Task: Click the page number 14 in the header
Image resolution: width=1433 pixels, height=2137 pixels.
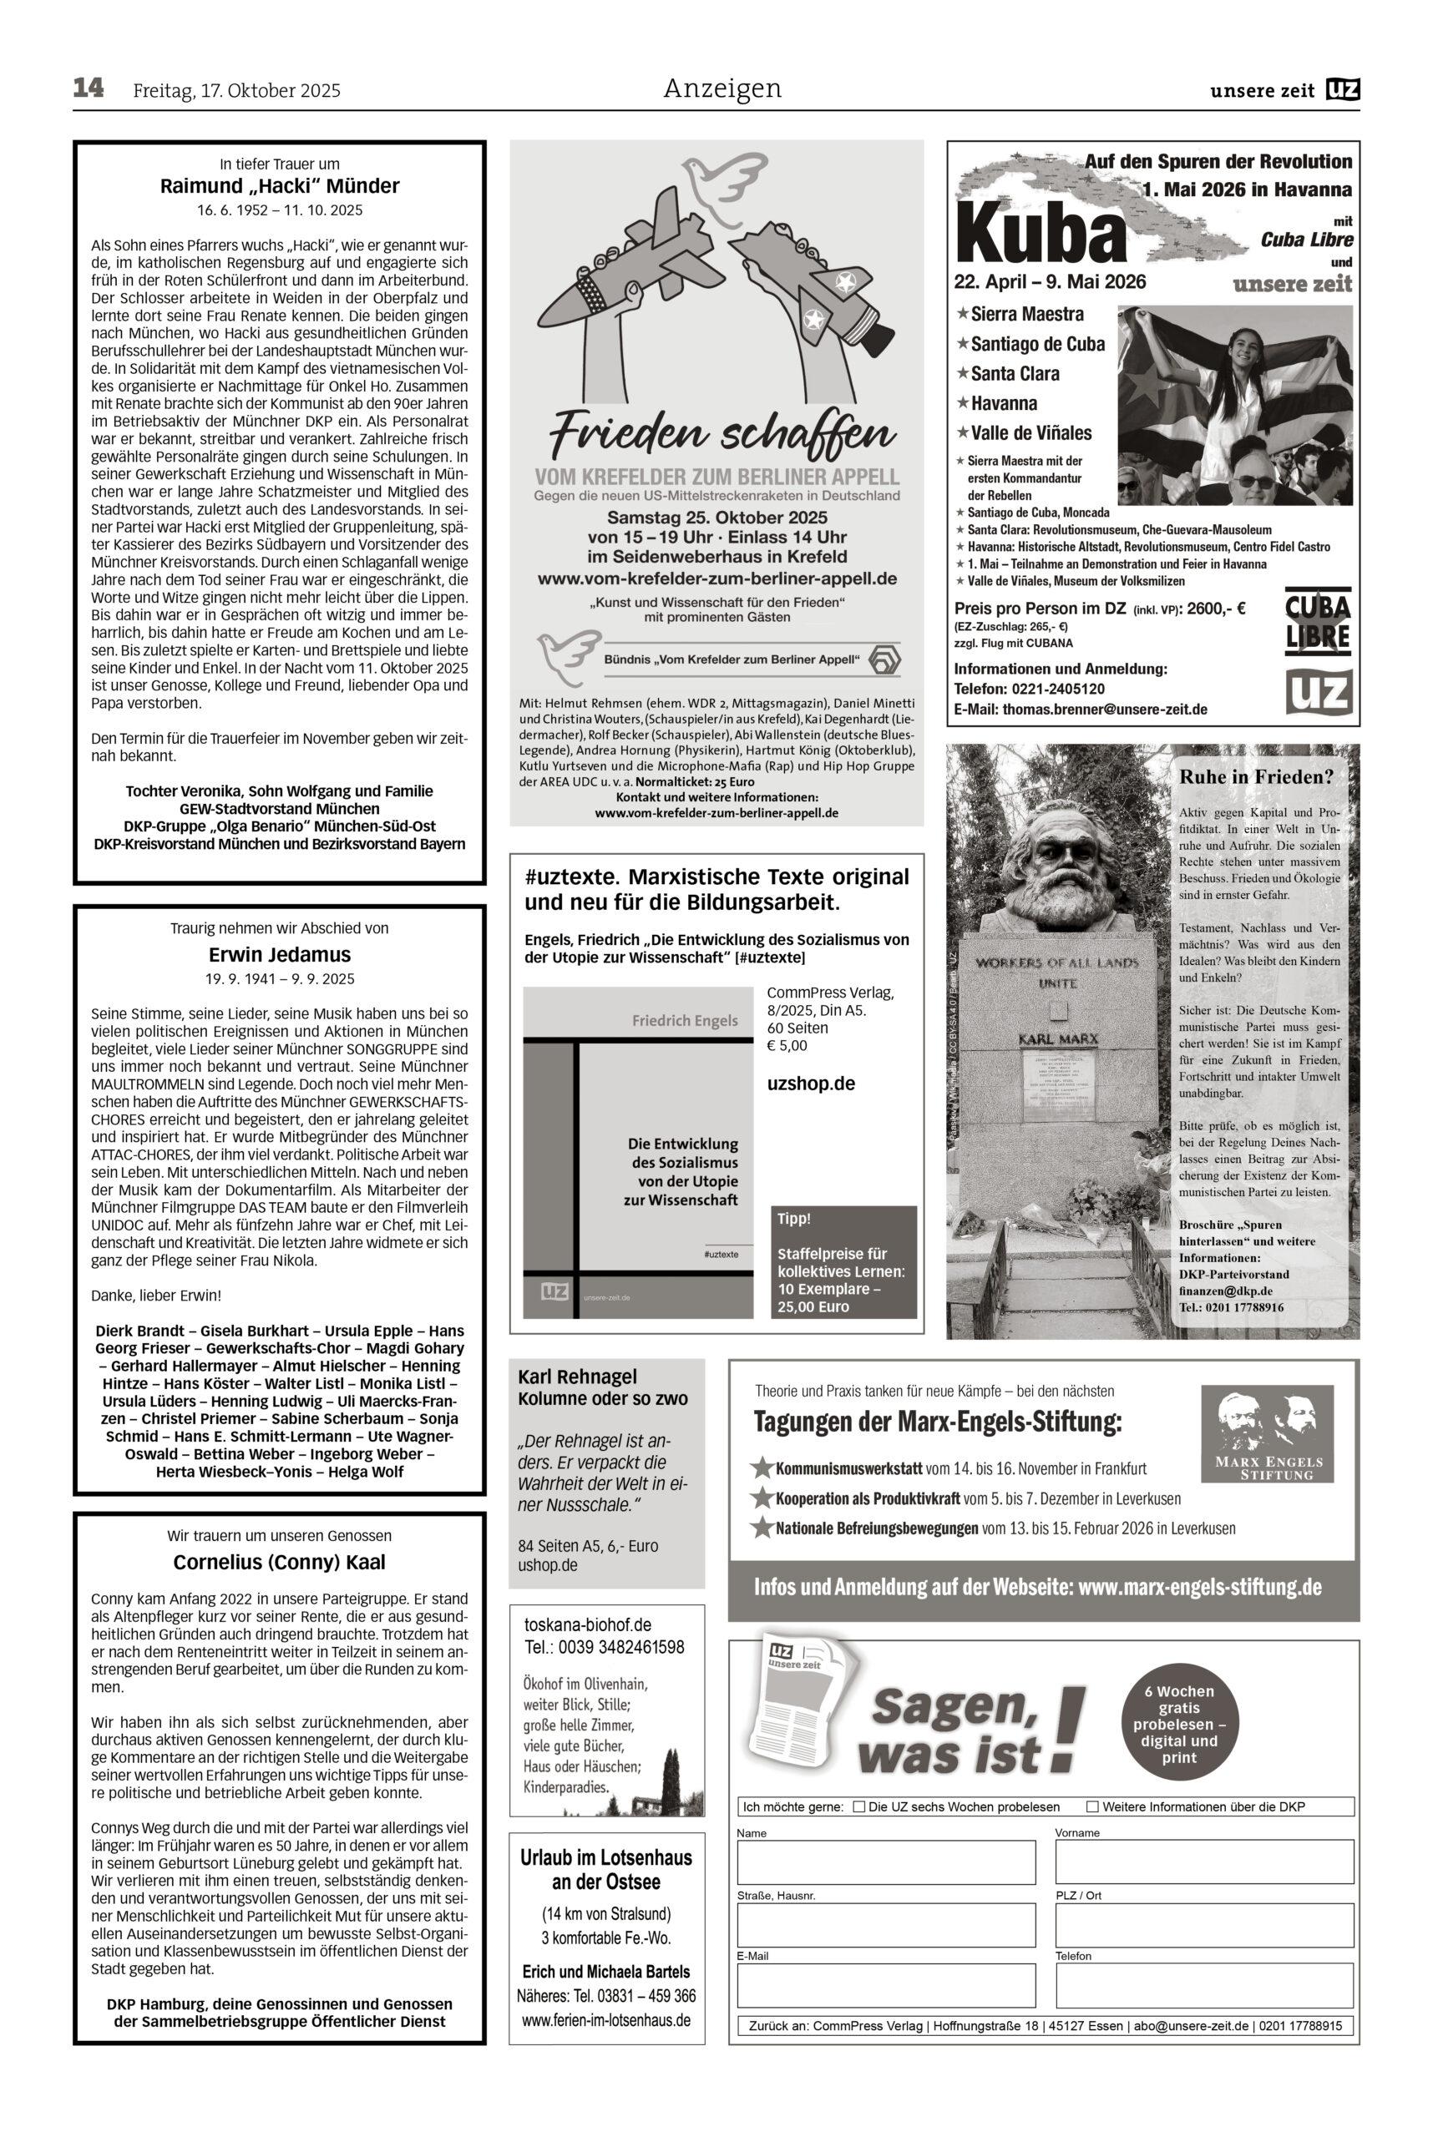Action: tap(89, 88)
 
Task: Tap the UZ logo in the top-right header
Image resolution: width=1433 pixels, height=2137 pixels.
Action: tap(1343, 89)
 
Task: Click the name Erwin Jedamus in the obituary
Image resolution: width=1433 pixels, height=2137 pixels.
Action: tap(280, 955)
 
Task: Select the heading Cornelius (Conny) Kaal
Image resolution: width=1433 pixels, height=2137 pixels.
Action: tap(280, 1563)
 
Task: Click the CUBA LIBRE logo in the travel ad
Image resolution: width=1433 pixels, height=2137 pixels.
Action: tap(1317, 622)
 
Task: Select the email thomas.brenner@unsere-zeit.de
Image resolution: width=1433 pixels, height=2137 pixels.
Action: tap(1104, 709)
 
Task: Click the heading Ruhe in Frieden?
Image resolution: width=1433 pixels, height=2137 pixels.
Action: tap(1257, 777)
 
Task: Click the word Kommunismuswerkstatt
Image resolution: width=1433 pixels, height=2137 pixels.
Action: tap(849, 1469)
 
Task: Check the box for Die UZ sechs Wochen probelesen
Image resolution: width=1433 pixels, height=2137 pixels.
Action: tap(858, 1806)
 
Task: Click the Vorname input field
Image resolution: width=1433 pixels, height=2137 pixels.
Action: tap(1203, 1863)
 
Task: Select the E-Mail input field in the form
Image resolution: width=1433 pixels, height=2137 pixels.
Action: tap(885, 1985)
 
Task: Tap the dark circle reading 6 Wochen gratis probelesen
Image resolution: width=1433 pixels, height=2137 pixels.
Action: tap(1179, 1718)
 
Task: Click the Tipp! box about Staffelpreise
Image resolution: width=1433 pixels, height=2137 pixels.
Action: tap(843, 1260)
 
